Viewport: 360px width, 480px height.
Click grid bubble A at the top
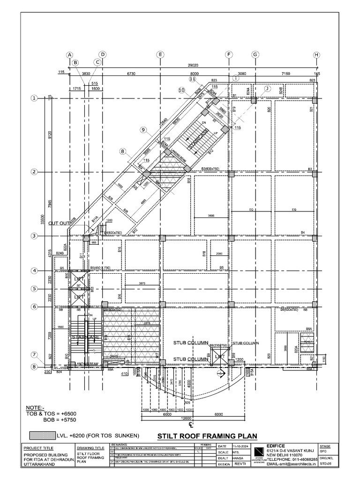(x=69, y=55)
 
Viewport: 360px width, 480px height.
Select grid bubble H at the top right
(x=316, y=55)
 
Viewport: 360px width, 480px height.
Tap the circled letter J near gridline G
(x=267, y=88)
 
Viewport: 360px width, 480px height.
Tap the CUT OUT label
(x=59, y=223)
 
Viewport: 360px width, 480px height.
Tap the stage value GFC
(x=322, y=452)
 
